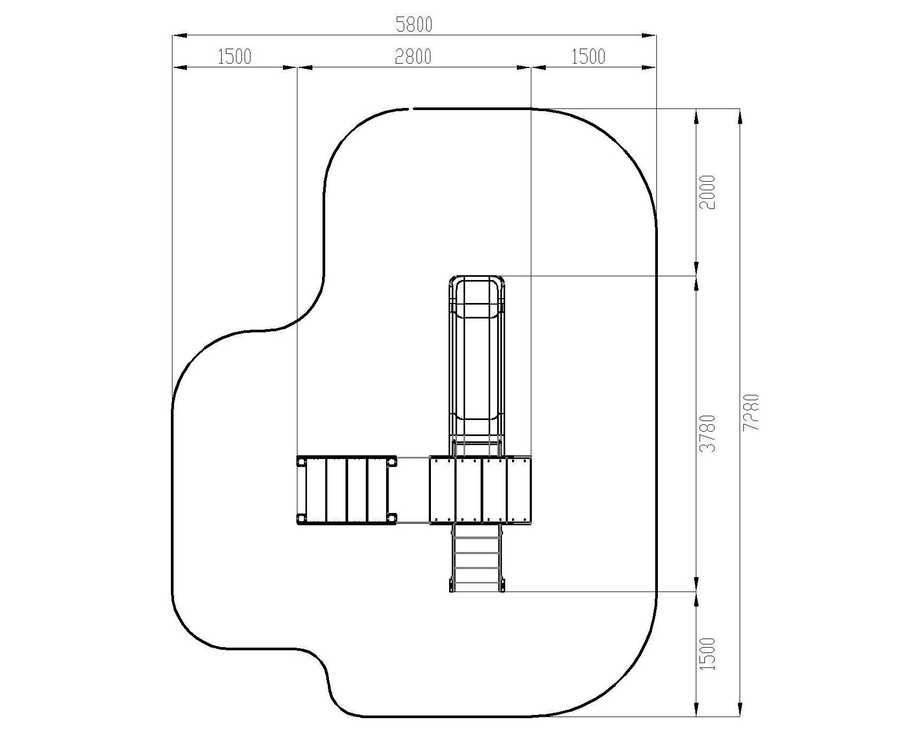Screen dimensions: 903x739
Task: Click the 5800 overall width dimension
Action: [414, 24]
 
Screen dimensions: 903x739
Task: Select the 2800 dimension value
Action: [413, 56]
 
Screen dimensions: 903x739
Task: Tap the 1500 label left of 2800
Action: [234, 56]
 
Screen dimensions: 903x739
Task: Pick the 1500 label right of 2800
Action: [588, 56]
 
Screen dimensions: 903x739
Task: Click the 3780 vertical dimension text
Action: [708, 433]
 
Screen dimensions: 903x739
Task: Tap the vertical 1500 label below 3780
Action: [707, 654]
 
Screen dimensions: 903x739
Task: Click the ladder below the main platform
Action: [476, 558]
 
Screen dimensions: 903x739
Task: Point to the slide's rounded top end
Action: [476, 279]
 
